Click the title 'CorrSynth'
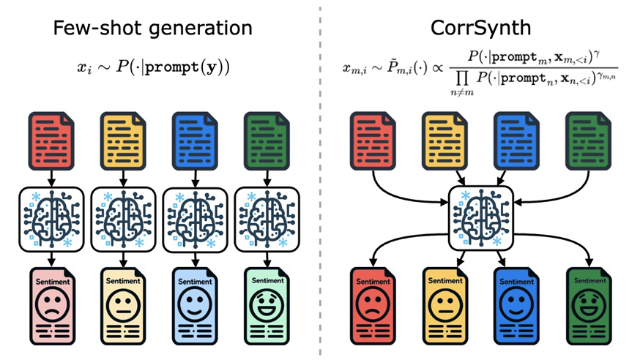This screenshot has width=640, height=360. (480, 29)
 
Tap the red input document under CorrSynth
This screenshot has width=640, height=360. (373, 138)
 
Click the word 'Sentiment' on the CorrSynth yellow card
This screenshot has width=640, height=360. (444, 281)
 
